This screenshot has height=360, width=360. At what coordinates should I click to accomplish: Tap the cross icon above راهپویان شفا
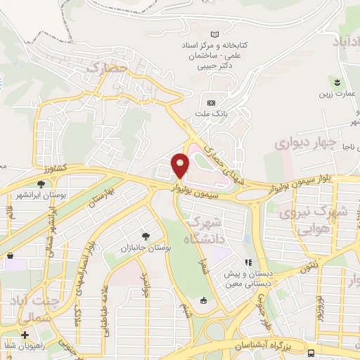[x=25, y=335]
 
